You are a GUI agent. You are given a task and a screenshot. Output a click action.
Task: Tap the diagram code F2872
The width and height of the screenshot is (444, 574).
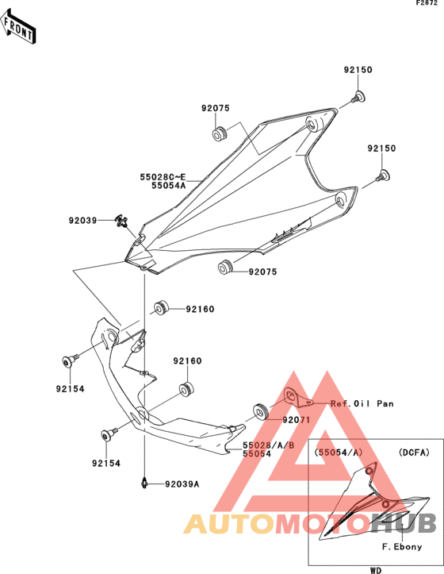[427, 3]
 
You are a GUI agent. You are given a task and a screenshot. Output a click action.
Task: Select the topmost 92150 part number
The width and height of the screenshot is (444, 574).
[358, 70]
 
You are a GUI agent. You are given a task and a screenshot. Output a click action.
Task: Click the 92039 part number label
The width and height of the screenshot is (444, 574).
[82, 221]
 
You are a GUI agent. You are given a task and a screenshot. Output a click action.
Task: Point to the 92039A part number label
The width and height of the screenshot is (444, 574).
[182, 484]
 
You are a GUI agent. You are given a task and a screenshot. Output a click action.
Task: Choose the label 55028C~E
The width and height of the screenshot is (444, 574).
[163, 177]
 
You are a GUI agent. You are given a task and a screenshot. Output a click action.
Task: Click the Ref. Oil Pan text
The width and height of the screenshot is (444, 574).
[362, 403]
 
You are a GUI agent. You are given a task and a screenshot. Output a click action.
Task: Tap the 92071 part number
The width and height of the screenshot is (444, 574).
[297, 420]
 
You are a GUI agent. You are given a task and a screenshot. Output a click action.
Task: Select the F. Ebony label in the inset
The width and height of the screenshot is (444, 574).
[402, 546]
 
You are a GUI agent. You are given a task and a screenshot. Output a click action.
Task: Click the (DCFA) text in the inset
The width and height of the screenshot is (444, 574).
[414, 453]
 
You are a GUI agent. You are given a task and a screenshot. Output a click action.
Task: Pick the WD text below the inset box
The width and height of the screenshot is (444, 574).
[376, 570]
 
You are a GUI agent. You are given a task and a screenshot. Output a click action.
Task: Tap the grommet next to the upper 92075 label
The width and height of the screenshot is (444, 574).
[220, 133]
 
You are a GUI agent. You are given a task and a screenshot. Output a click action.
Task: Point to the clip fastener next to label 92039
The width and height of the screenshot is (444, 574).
[122, 222]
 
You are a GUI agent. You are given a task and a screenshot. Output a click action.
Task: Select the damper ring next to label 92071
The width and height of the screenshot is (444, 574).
[261, 411]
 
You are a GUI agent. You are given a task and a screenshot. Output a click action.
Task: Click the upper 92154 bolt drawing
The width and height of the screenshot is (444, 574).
[70, 360]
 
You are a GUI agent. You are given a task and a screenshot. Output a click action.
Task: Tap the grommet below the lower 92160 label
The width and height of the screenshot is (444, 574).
[186, 388]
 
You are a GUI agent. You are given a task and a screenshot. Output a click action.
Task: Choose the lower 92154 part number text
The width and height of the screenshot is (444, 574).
[106, 463]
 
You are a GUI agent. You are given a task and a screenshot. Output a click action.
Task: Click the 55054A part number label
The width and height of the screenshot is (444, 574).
[169, 186]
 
